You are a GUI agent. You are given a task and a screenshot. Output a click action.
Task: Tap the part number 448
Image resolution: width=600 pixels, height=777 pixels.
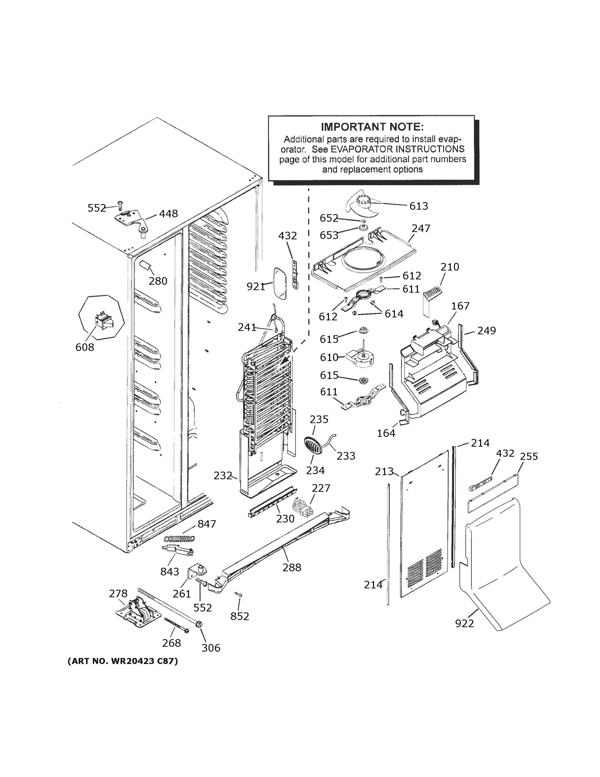(168, 214)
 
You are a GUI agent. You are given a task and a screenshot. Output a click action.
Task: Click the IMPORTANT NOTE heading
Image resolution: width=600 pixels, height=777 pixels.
(372, 127)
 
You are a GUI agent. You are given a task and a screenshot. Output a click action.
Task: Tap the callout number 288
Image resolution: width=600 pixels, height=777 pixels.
(292, 568)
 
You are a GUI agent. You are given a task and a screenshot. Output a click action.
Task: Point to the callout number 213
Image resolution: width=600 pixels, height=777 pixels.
(384, 471)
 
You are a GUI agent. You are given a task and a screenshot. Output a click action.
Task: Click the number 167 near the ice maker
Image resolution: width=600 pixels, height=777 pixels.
(460, 306)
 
